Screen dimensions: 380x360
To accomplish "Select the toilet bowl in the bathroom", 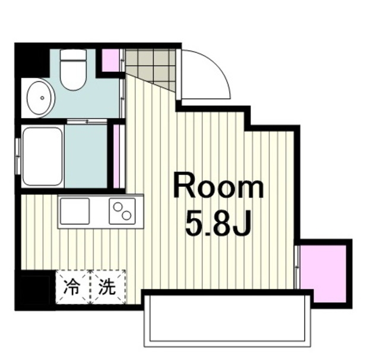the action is tap(73, 75).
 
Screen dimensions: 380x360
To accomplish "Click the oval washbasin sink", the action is tap(41, 98).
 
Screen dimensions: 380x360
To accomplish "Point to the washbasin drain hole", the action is tap(42, 98).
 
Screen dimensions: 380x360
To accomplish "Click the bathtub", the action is tap(43, 156).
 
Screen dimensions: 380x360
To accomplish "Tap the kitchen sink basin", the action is tap(75, 211).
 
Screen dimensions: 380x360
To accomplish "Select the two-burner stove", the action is tap(122, 211).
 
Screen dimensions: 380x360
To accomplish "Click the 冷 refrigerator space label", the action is tap(71, 287).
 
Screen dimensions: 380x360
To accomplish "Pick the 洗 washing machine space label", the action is tap(107, 287).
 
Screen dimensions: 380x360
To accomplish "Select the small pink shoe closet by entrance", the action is tap(110, 60).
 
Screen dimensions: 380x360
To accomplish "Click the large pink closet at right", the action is tap(324, 273).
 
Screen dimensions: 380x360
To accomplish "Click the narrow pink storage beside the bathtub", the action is tap(116, 156).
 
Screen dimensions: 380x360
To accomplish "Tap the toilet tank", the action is tap(73, 55).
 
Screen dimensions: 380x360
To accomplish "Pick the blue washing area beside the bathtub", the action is tap(85, 156).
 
